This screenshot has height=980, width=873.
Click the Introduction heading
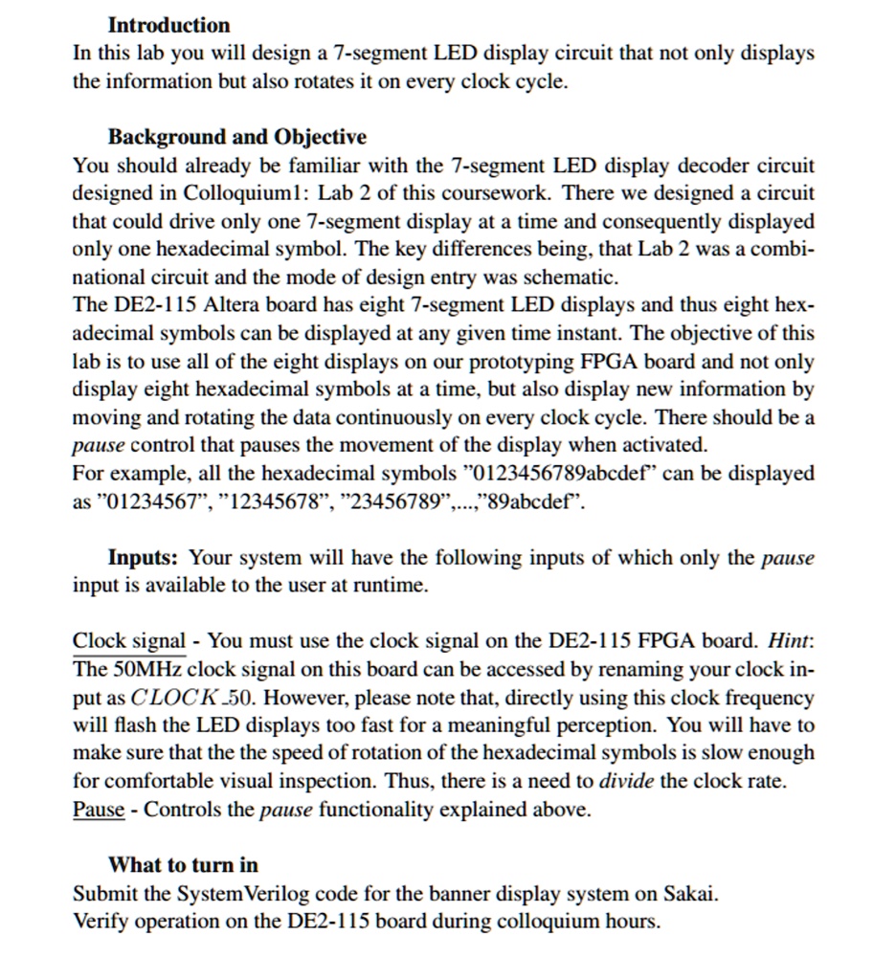coord(168,25)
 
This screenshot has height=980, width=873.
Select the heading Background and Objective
coord(236,136)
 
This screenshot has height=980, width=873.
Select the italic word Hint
coord(792,641)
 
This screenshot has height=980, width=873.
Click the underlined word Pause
coord(99,810)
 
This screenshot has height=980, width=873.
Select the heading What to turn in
coord(183,865)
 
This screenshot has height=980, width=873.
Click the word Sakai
coord(688,894)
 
